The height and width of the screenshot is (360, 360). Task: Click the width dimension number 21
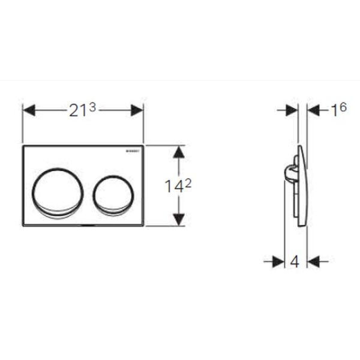point(77,111)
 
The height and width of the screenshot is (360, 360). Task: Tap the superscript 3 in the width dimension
point(92,107)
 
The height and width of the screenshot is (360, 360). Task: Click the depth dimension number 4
point(294,262)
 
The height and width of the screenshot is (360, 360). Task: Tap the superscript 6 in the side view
point(343,107)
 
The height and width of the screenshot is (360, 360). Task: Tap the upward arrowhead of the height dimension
point(178,152)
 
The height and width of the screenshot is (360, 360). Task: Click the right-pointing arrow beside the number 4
point(277,262)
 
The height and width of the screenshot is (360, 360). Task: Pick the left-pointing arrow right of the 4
point(314,262)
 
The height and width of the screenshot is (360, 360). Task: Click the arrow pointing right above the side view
point(292,110)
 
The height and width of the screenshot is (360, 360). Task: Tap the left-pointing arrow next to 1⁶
point(314,110)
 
